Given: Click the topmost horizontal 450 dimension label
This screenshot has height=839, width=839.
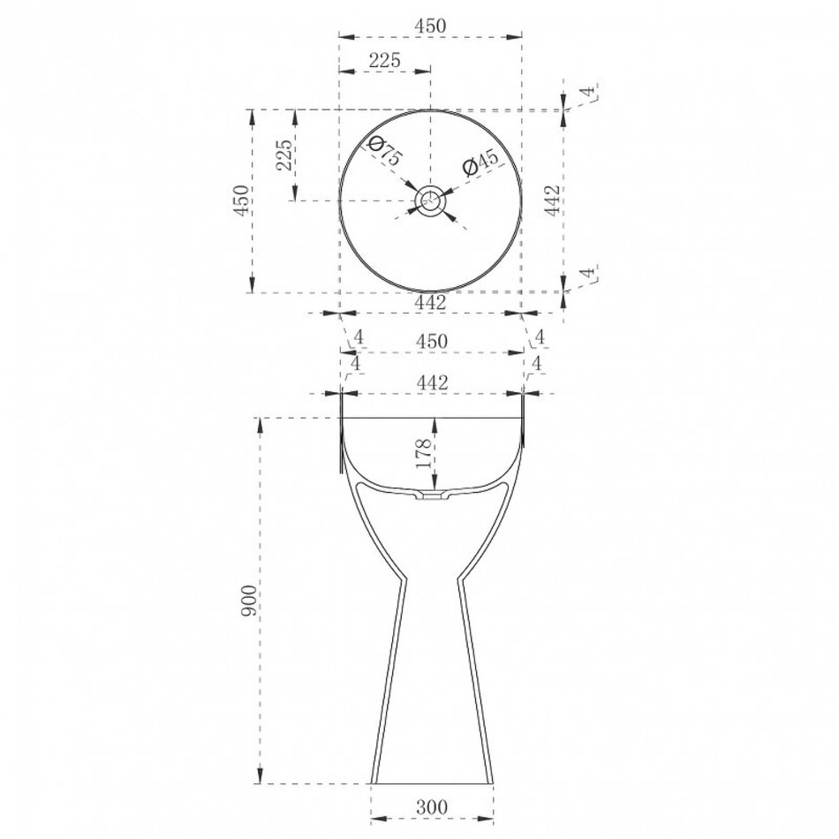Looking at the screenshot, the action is pos(430,25).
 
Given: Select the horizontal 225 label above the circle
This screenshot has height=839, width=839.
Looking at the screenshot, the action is pos(385,59).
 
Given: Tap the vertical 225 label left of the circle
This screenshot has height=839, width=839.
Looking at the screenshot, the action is pos(285,155).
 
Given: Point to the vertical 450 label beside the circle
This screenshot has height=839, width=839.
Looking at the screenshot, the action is pos(242,200).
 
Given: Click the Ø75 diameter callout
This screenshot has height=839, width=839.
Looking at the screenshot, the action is pos(385,151).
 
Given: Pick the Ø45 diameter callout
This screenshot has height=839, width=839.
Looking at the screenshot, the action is pos(480,163).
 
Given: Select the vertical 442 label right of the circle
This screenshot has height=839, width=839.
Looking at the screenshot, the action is pos(552,200).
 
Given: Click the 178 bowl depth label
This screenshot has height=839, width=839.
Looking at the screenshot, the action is pos(424,453).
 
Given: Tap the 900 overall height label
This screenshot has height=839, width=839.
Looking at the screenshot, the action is pos(249,601).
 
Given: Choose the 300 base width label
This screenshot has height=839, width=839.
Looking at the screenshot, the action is pos(431,806).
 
